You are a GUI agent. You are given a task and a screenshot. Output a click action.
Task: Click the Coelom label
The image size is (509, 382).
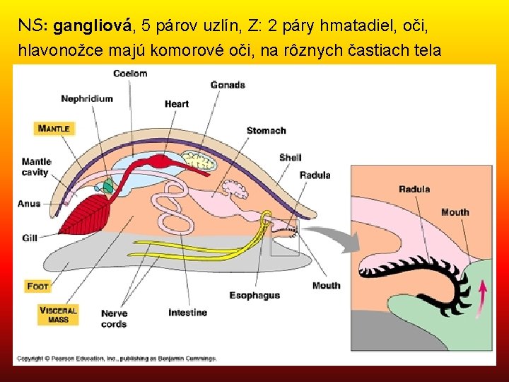click(129, 74)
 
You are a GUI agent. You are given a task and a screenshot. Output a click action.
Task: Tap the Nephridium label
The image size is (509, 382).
click(86, 98)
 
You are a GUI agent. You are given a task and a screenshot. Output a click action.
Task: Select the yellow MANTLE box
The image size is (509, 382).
click(54, 128)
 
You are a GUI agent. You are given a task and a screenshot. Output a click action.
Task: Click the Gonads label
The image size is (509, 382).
click(228, 85)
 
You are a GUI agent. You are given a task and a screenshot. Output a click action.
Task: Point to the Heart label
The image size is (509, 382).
click(176, 104)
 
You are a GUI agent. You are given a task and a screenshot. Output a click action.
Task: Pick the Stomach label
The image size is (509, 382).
click(266, 130)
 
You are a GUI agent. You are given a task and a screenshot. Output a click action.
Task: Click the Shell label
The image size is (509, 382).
click(290, 157)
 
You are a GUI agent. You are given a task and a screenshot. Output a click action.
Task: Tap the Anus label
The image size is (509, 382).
click(29, 204)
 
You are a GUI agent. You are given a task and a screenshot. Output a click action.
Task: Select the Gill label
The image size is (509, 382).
click(29, 238)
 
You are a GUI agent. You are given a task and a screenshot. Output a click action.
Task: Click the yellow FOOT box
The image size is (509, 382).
click(38, 286)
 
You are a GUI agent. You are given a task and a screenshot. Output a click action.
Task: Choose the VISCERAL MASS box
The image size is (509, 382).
click(59, 316)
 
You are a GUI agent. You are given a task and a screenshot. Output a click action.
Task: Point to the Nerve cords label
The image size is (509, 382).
click(114, 318)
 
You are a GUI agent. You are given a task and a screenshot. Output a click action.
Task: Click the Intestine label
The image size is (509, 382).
click(187, 313)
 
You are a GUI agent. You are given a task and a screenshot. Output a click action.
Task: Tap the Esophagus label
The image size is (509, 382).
click(255, 295)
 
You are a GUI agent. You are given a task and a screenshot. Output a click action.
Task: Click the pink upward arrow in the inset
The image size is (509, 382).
click(484, 295)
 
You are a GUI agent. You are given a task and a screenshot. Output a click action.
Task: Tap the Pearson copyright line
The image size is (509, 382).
click(117, 359)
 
